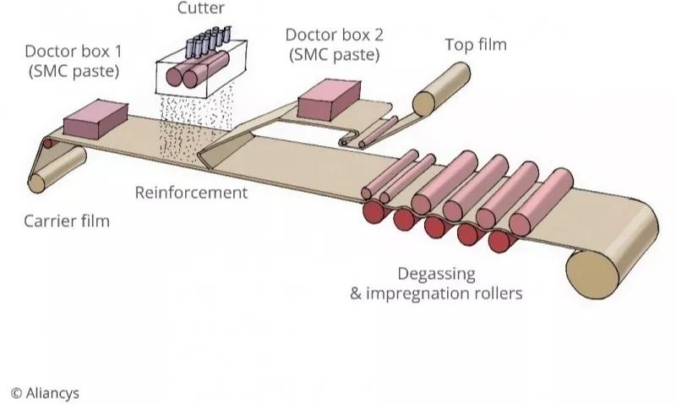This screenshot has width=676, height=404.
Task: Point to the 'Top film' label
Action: pos(476,44)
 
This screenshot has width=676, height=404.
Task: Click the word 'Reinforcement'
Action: pos(192,193)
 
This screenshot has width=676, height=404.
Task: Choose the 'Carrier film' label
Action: pos(67,222)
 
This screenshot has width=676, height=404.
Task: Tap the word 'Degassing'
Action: pos(436,274)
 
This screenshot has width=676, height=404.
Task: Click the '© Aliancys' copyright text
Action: pos(45,392)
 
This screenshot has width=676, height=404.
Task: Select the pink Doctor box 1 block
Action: pos(95,118)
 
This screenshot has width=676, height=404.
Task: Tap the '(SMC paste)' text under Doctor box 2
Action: pos(332,55)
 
